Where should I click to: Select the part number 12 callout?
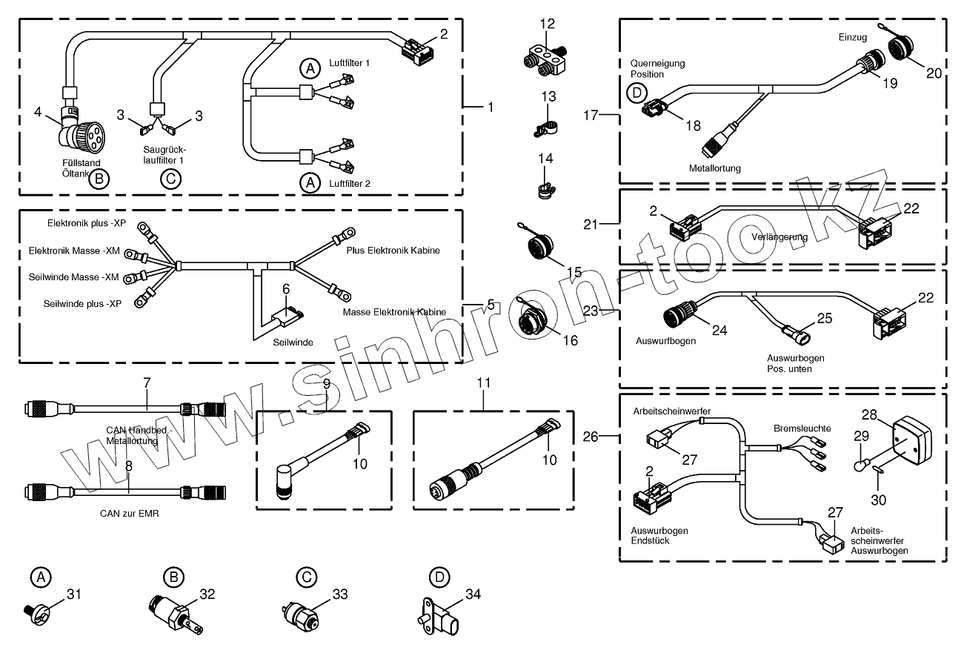point(548,24)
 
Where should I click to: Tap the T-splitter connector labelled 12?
point(546,59)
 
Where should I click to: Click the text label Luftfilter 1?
point(349,64)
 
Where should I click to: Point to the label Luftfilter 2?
point(349,182)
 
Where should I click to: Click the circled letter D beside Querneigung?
point(635,94)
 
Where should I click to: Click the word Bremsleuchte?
point(802,428)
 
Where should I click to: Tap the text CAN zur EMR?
point(130,512)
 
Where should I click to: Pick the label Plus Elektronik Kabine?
point(393,251)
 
